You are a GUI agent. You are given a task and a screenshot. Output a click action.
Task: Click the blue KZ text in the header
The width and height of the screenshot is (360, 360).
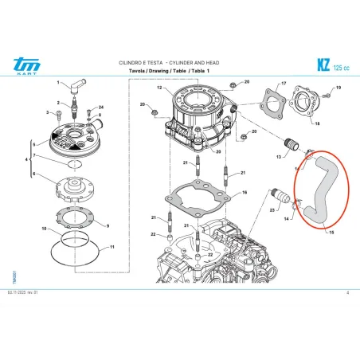(x=323, y=64)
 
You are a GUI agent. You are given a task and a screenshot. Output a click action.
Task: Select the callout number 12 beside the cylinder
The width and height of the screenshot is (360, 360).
(x=159, y=88)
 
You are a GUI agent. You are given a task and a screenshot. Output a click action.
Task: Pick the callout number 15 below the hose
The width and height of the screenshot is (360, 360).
(x=331, y=233)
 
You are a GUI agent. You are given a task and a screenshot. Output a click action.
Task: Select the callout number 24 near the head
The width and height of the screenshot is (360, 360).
(x=101, y=106)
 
